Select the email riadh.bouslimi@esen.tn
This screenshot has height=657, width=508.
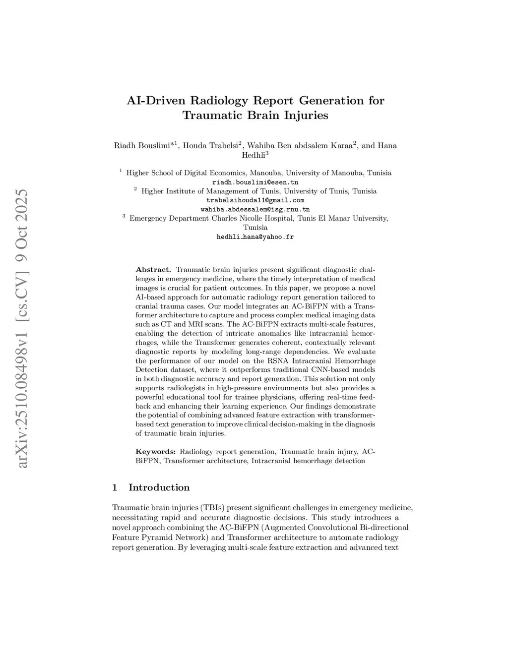255,182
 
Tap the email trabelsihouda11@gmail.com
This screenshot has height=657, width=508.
255,200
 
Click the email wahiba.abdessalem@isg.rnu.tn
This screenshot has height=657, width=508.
255,209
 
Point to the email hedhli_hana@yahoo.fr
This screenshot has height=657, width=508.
255,237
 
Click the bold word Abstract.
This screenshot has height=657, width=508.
153,270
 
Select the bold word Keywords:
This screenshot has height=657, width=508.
156,451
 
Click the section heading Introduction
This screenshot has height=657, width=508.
159,487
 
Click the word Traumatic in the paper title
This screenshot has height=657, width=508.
214,116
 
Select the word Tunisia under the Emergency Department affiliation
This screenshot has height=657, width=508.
255,227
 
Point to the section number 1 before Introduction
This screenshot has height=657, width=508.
115,487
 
